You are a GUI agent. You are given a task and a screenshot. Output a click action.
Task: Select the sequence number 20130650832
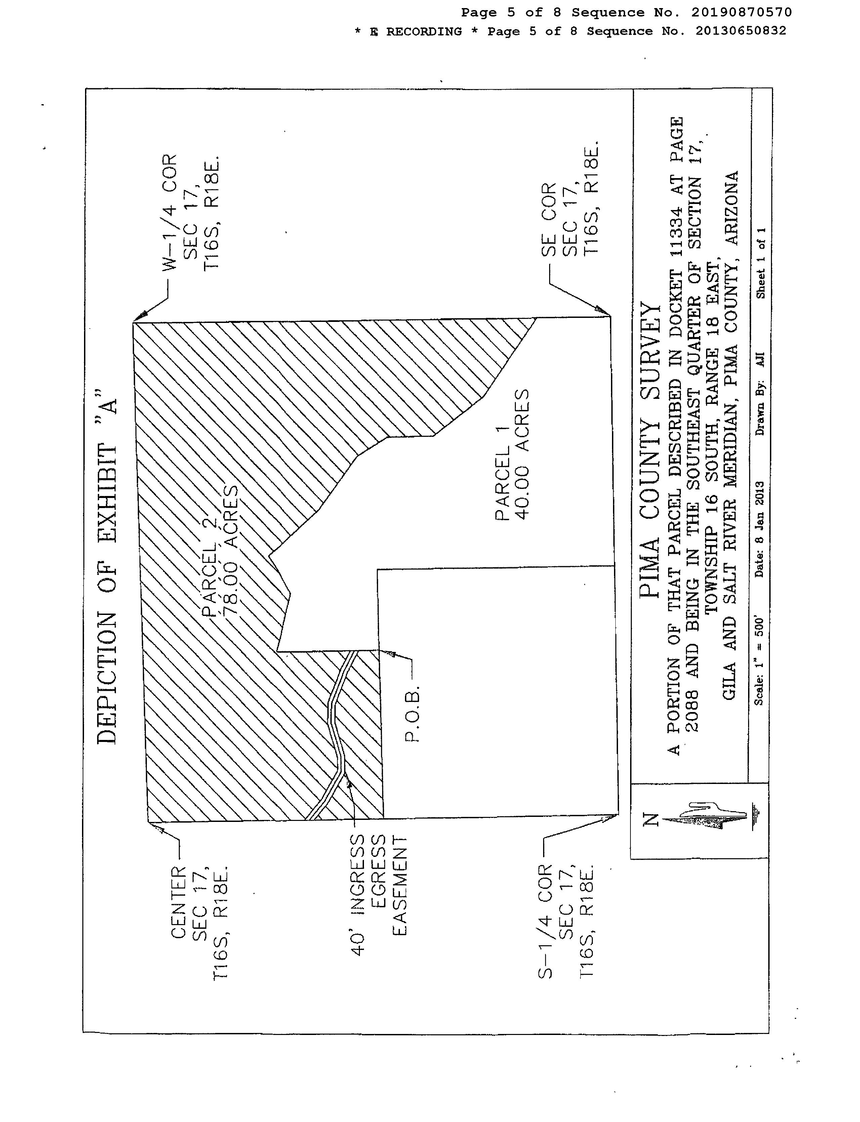(x=741, y=31)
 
